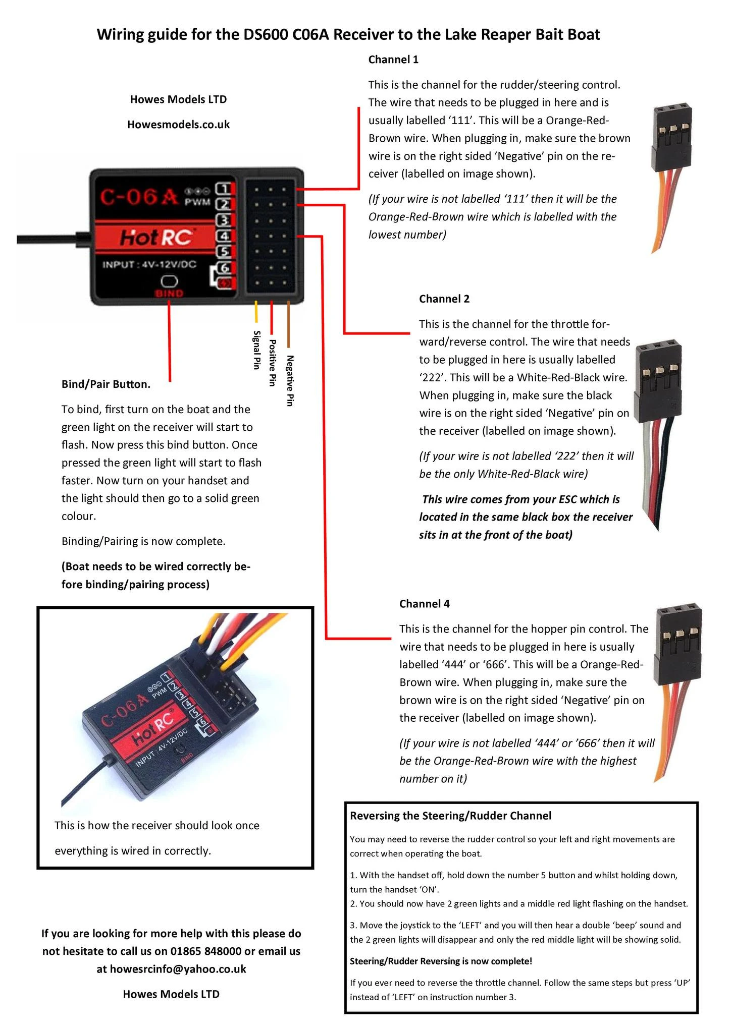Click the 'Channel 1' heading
393,60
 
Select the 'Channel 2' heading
444,299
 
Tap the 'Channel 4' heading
424,604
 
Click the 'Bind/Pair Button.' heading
106,384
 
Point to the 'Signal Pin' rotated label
256,350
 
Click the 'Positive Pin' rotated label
272,363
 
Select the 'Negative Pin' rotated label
290,380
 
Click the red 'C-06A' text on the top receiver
139,197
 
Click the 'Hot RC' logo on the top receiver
155,237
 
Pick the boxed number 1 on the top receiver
224,189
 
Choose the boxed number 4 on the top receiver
224,236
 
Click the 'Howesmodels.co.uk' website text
178,125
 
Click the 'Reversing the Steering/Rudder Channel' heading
450,816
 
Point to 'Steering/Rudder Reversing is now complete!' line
441,961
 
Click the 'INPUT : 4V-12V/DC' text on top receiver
149,264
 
